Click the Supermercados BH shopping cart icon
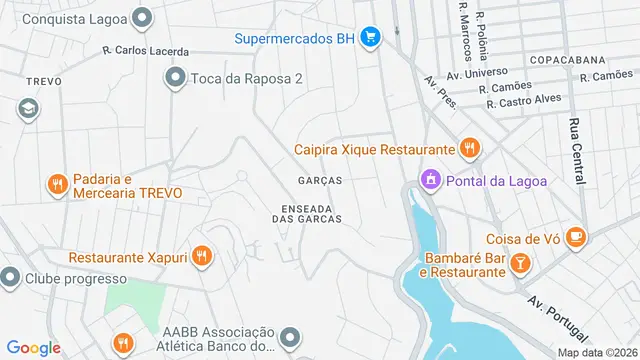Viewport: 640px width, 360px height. (370, 39)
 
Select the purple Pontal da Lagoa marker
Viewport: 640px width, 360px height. (430, 180)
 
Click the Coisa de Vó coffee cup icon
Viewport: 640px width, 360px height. (575, 237)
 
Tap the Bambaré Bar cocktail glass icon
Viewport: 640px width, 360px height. (520, 263)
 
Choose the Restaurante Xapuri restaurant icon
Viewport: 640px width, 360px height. (203, 257)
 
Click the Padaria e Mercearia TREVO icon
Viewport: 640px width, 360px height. (57, 184)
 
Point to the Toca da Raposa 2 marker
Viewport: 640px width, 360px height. (176, 77)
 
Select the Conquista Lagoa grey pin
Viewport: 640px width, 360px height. (143, 18)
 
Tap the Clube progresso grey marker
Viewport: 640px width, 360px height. (11, 276)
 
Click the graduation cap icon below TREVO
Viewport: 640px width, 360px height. (28, 108)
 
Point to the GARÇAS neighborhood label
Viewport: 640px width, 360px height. (320, 181)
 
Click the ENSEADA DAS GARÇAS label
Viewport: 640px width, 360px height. (307, 212)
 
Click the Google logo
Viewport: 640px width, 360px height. (35, 347)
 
